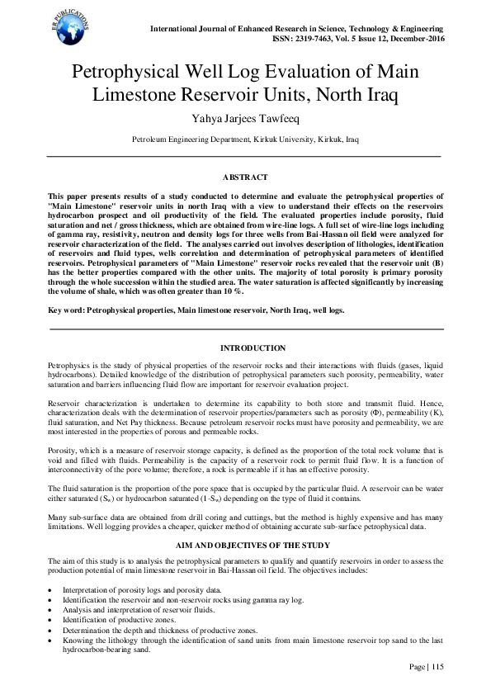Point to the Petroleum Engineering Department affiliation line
click(245, 139)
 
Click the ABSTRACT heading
click(245, 177)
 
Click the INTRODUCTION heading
click(245, 348)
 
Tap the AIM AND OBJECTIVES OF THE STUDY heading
click(245, 547)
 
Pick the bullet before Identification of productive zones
click(51, 619)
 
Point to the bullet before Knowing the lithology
click(51, 639)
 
